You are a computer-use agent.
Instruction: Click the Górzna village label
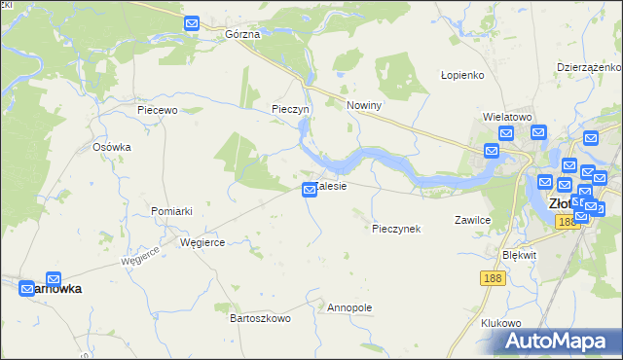tap(242, 34)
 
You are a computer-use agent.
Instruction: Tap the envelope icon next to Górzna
tap(192, 22)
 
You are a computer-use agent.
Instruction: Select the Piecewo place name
tap(157, 111)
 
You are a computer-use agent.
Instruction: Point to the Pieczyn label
tap(290, 109)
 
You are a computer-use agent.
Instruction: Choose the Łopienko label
tap(462, 75)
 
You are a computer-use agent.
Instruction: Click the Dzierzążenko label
tap(589, 67)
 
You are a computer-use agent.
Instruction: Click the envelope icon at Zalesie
tap(310, 190)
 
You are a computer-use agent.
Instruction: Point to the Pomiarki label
tap(171, 211)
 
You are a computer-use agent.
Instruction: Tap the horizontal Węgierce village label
tap(202, 243)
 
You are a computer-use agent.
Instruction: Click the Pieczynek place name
tap(396, 229)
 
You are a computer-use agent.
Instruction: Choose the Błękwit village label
tap(519, 254)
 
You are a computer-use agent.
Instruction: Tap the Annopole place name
tap(350, 307)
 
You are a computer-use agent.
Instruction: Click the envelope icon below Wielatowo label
tap(506, 134)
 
